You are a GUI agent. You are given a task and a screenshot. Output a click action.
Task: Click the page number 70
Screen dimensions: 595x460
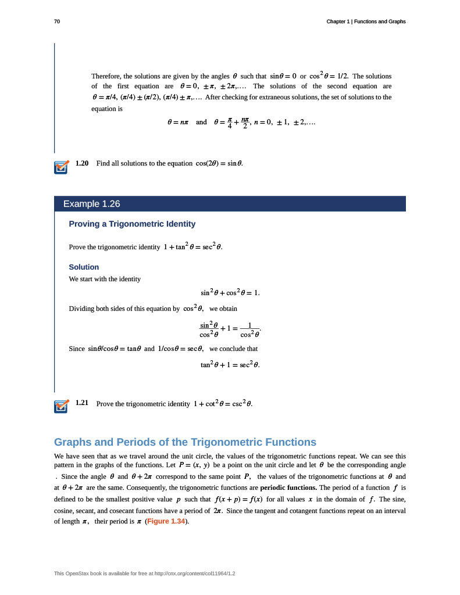(x=57, y=21)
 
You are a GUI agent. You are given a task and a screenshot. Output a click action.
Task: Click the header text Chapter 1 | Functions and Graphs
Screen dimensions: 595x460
(x=366, y=21)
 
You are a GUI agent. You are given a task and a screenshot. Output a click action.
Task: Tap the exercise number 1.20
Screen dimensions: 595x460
(x=82, y=163)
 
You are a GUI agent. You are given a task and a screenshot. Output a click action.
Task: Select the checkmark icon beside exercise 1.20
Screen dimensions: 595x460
(x=61, y=167)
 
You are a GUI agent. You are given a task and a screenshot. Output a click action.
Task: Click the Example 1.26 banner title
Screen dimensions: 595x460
(x=91, y=204)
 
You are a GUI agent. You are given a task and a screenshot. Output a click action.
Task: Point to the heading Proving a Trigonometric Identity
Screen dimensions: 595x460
(x=132, y=224)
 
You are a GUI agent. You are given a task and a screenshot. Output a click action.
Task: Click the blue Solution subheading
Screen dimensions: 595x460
(x=84, y=267)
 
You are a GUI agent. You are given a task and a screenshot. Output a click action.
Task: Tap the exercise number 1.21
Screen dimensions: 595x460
(x=82, y=403)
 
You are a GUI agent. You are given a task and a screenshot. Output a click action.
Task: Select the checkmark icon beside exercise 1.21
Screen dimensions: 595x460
(x=61, y=406)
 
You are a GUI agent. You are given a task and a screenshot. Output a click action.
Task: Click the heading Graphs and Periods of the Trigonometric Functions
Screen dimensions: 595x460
(x=185, y=442)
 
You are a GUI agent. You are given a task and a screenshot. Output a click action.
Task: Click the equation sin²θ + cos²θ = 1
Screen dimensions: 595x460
(x=230, y=293)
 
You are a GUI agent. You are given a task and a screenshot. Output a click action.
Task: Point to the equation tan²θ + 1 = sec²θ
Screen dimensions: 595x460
(x=230, y=365)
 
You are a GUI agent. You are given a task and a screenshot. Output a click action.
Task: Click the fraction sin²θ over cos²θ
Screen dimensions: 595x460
(x=209, y=329)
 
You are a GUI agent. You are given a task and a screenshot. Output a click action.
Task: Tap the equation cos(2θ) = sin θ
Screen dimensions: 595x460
(x=218, y=163)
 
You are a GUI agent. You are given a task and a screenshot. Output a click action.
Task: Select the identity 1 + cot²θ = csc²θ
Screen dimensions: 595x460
(x=223, y=403)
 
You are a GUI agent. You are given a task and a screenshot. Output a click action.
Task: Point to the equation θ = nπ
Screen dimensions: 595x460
(x=177, y=123)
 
